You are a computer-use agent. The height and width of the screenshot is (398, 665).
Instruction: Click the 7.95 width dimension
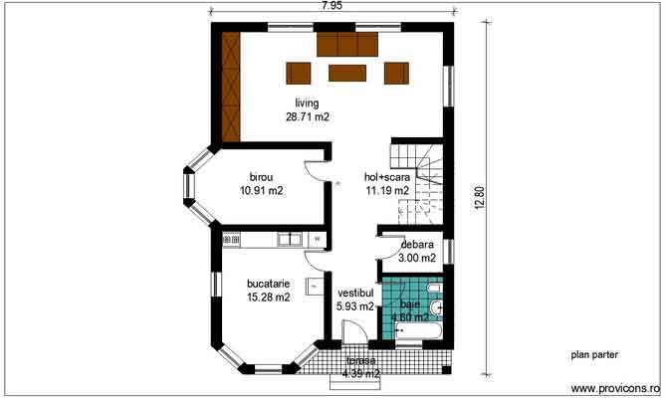[x=332, y=6]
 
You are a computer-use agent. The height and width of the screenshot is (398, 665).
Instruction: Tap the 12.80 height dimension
[x=479, y=198]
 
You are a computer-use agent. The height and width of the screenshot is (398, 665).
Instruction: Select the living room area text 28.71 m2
[x=308, y=117]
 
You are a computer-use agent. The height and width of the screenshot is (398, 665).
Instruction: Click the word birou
[x=261, y=177]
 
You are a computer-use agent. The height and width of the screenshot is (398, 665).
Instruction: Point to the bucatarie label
[x=269, y=284]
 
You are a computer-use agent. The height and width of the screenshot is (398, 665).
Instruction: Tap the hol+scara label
[x=387, y=177]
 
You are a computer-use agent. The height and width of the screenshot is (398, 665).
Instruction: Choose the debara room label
[x=417, y=245]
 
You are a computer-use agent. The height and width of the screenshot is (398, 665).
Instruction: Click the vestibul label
[x=355, y=293]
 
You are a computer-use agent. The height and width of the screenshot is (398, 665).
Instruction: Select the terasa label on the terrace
[x=361, y=361]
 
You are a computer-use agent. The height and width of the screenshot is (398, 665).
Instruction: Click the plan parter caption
[x=594, y=355]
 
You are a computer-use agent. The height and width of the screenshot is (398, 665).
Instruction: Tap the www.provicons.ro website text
[x=615, y=389]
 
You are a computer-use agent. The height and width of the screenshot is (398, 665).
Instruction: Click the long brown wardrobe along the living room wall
[x=231, y=87]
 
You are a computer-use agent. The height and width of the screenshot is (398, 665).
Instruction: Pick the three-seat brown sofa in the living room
[x=347, y=44]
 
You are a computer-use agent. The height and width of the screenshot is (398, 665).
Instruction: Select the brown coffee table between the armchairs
[x=347, y=73]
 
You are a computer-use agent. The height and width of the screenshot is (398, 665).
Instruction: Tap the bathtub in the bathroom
[x=418, y=330]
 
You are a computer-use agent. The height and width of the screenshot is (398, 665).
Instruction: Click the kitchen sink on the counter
[x=290, y=240]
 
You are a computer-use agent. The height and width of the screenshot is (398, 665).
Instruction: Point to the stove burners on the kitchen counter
[x=232, y=240]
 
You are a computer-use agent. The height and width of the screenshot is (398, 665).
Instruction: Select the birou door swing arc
[x=315, y=171]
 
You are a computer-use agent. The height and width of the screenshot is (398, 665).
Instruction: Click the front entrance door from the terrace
[x=354, y=332]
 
